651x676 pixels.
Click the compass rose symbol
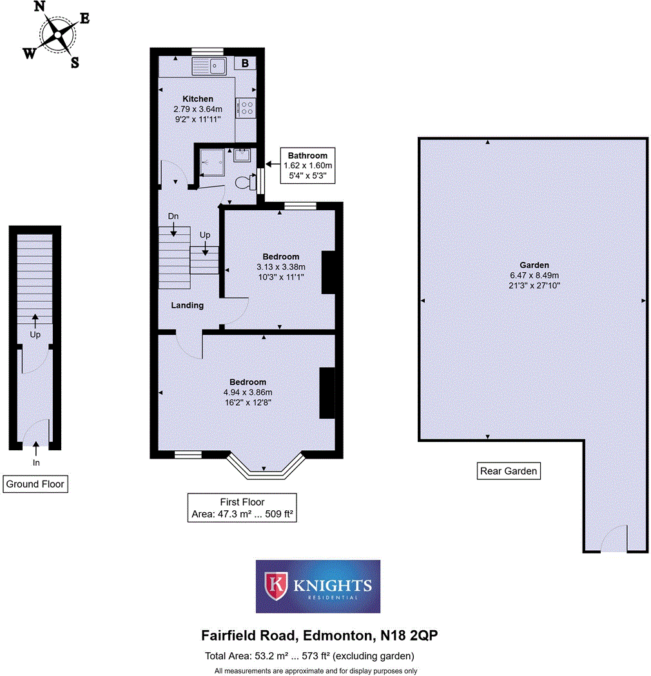click(x=57, y=34)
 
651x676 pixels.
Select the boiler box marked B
click(x=245, y=63)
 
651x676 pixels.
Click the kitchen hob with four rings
click(x=246, y=107)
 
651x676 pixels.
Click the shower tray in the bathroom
click(x=212, y=161)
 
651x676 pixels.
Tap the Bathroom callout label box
click(x=307, y=165)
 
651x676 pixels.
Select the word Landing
click(x=188, y=305)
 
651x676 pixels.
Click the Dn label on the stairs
click(x=173, y=215)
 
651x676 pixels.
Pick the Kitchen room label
click(x=198, y=99)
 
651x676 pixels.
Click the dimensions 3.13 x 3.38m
click(x=280, y=267)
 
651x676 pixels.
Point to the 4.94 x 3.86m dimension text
click(x=248, y=392)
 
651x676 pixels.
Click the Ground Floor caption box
click(x=35, y=484)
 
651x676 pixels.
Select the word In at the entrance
click(x=35, y=462)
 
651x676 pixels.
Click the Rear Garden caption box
click(x=509, y=471)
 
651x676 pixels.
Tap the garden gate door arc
click(x=615, y=539)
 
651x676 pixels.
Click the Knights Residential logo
click(x=318, y=586)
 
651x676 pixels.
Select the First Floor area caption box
click(x=242, y=508)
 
